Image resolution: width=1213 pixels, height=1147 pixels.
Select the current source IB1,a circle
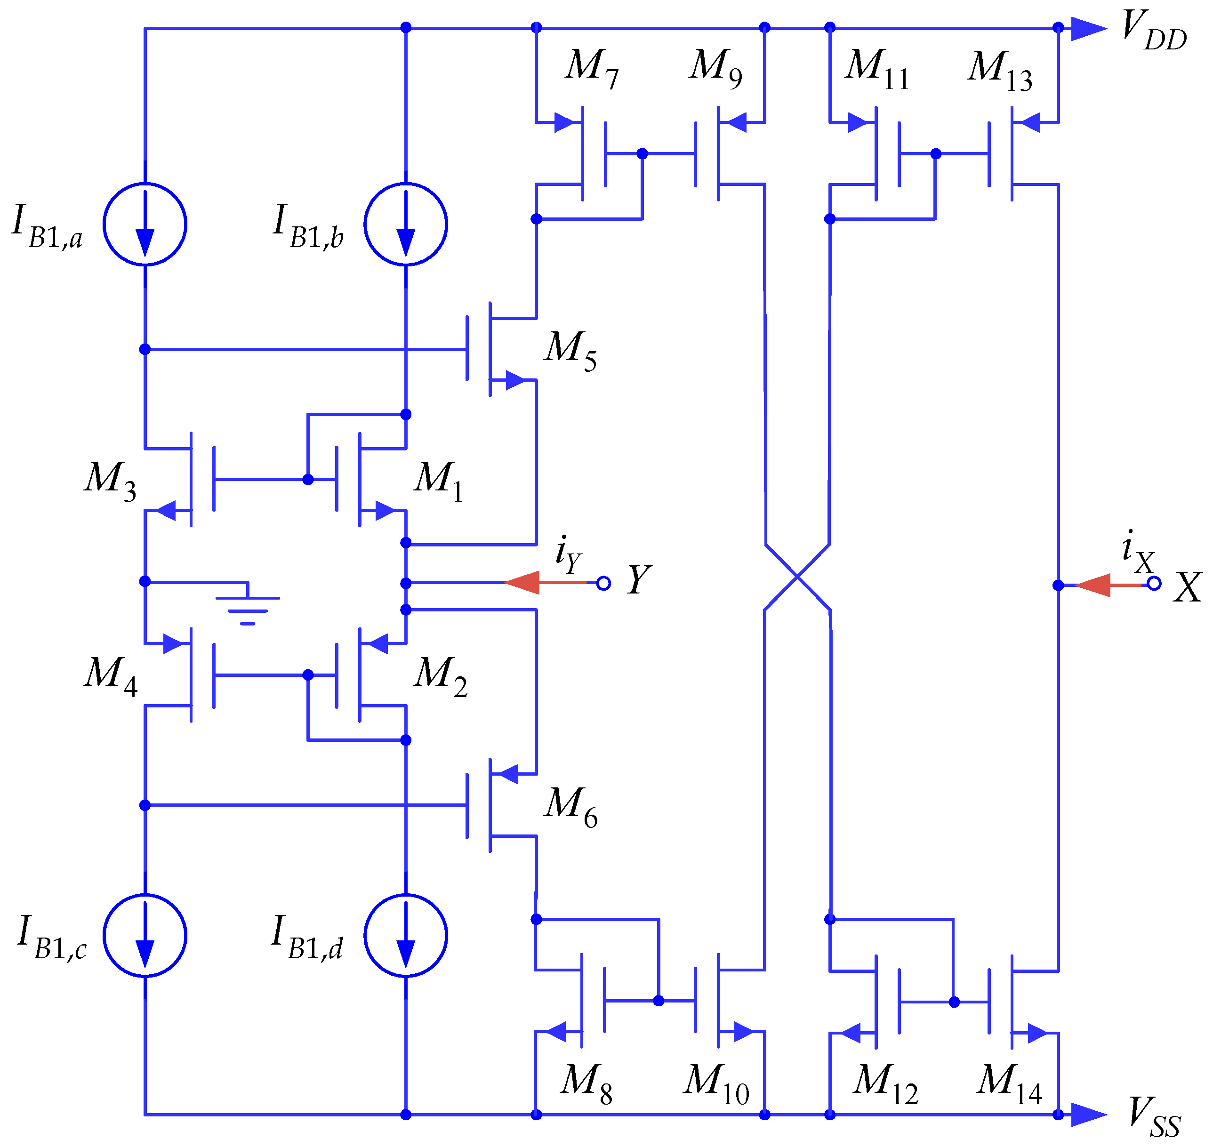tap(145, 224)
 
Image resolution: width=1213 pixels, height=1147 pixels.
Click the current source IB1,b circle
tap(405, 224)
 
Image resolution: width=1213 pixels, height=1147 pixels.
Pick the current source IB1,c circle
tap(145, 936)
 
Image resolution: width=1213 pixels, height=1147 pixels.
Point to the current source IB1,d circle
tap(405, 936)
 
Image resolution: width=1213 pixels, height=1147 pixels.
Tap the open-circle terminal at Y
tap(603, 583)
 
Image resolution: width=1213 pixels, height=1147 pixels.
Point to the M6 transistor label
tap(570, 807)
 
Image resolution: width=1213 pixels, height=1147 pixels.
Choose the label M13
tap(1000, 70)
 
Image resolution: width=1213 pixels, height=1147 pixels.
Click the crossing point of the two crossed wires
tap(797, 577)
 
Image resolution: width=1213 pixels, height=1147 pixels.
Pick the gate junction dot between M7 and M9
tap(642, 153)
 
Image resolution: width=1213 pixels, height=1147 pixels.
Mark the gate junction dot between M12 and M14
tap(954, 1002)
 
